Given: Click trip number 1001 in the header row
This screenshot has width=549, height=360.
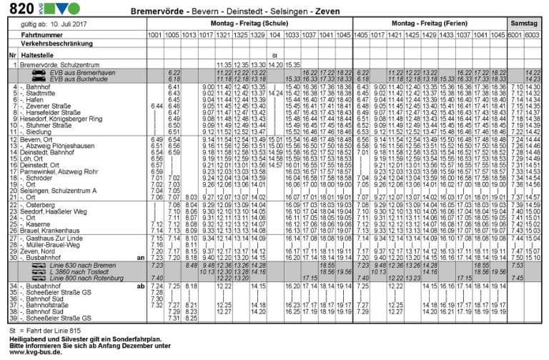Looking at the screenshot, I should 154,34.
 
